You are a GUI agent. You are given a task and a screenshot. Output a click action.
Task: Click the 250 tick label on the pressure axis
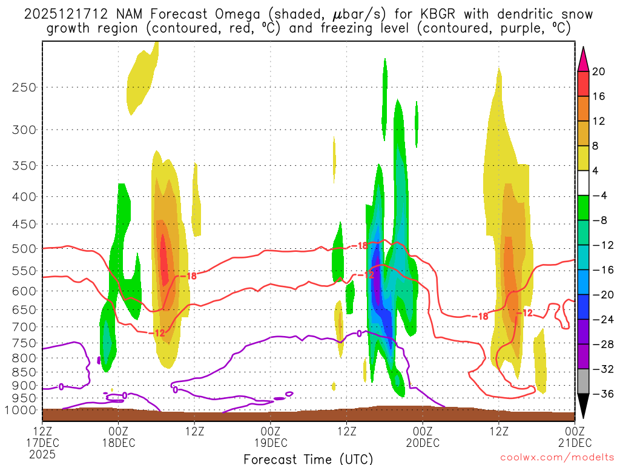click(24, 87)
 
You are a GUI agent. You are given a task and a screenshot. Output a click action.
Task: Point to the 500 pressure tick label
click(24, 248)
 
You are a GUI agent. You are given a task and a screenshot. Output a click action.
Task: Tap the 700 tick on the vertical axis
click(24, 327)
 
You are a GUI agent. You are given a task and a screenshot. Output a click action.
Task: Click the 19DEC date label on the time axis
click(270, 443)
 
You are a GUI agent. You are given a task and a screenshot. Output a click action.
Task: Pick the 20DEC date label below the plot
click(423, 443)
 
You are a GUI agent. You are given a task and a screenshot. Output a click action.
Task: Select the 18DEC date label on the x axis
click(118, 443)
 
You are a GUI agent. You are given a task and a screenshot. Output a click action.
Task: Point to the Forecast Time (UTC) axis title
click(308, 458)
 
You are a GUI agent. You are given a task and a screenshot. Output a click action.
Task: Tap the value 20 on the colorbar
click(599, 71)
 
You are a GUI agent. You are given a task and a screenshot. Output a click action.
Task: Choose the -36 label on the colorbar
click(599, 394)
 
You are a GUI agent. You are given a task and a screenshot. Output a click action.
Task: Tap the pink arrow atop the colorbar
click(583, 59)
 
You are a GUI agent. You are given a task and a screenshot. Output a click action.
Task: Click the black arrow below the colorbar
click(583, 406)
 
